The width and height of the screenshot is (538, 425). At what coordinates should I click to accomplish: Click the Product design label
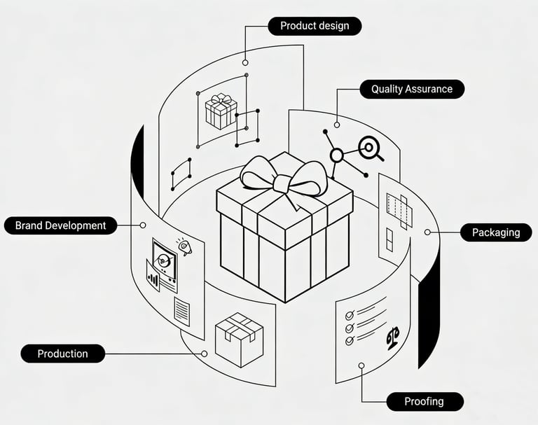(x=314, y=27)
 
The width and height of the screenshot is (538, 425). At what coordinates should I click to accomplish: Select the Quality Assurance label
(x=411, y=89)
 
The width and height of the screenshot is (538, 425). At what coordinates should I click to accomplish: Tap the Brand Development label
(x=60, y=225)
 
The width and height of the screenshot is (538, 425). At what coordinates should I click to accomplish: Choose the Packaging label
(x=495, y=232)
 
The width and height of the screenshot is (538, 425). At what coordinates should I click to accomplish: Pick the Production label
(x=62, y=354)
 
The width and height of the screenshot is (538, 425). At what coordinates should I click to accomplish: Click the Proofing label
(x=424, y=401)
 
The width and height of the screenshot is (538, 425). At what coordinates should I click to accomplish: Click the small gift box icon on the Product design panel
(x=221, y=111)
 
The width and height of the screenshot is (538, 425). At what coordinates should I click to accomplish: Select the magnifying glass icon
(x=369, y=148)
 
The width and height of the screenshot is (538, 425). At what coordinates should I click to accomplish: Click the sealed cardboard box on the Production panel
(x=239, y=339)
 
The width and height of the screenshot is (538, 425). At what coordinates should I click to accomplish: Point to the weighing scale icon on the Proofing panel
(x=392, y=337)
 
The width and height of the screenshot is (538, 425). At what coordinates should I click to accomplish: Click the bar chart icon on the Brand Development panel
(x=153, y=279)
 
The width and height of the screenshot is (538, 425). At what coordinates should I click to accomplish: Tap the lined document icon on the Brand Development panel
(x=181, y=310)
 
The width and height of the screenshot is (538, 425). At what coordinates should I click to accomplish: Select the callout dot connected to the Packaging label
(x=427, y=232)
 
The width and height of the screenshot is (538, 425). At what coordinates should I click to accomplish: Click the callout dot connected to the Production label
(x=204, y=354)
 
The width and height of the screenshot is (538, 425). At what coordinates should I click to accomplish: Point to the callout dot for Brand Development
(x=143, y=225)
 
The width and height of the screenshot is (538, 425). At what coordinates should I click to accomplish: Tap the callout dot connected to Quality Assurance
(x=337, y=125)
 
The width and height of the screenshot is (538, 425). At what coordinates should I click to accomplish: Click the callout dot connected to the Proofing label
(x=361, y=365)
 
